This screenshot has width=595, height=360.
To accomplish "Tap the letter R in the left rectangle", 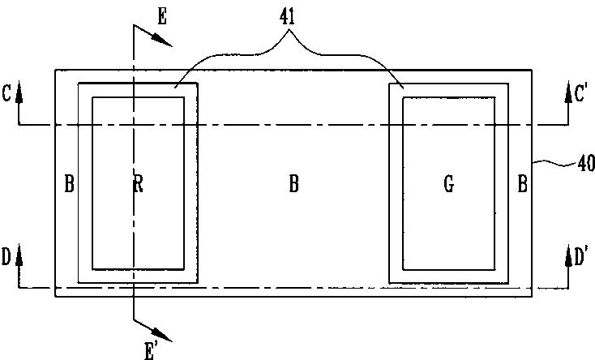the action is (138, 185).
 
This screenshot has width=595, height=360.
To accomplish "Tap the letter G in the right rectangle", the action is (448, 185).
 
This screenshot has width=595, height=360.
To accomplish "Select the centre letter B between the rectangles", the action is (293, 185).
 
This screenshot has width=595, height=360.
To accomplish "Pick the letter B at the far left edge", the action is (69, 185).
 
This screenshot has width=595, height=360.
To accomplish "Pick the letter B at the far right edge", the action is (523, 185).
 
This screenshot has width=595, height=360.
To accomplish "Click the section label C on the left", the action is (6, 94).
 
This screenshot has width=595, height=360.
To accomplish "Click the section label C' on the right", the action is (581, 93).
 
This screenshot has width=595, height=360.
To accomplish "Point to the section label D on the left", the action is (6, 258).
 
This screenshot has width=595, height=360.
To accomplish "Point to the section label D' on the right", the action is (581, 258).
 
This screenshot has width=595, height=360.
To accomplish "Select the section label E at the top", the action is (162, 15).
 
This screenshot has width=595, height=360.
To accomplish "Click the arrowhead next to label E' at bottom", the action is (164, 333).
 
